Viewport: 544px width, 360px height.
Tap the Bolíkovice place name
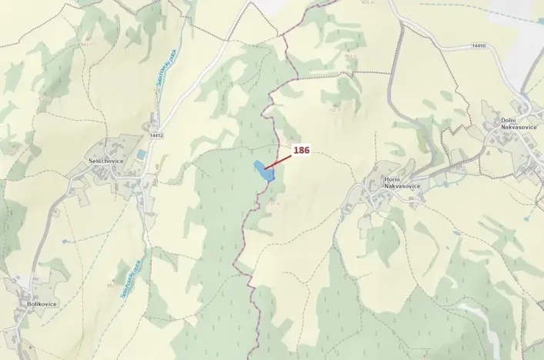[x=42, y=304]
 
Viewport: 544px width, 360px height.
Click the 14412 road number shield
[x=156, y=135]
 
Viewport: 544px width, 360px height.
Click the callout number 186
[x=301, y=151]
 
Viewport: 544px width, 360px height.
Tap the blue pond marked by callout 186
[x=263, y=172]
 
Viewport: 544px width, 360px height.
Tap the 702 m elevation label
[x=334, y=109]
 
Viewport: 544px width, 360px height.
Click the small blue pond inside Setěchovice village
[x=141, y=155]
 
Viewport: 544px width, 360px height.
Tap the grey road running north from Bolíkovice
[x=38, y=238]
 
